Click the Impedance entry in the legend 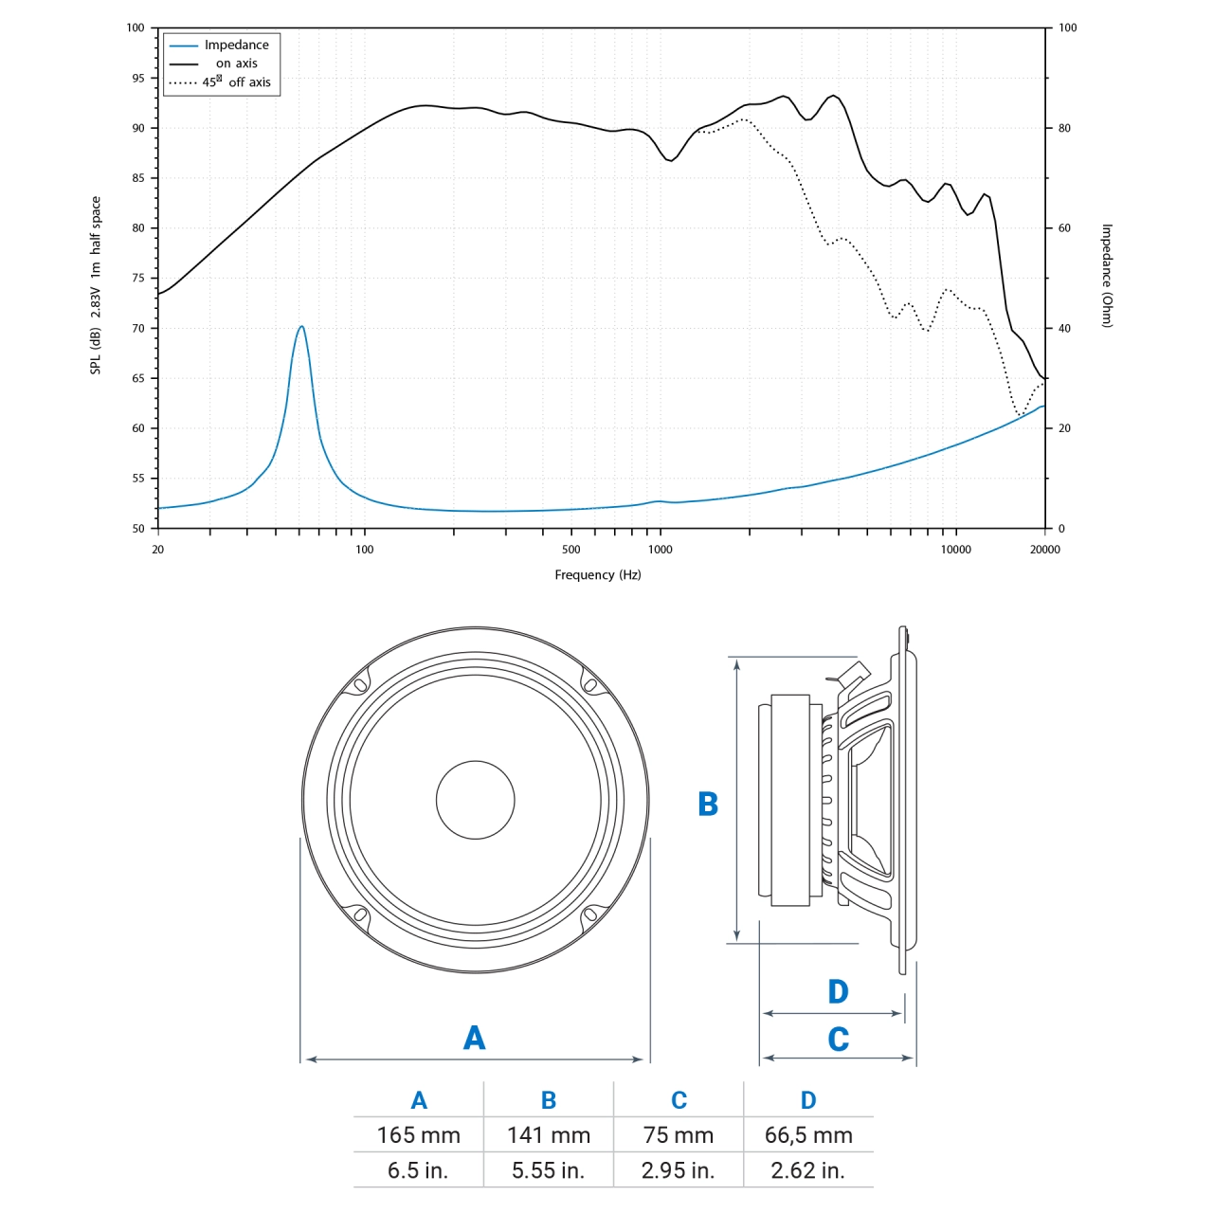pos(236,45)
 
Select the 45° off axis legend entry pos(236,82)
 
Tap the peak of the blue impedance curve pos(301,327)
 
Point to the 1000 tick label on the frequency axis pos(661,550)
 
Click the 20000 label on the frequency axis pos(1045,550)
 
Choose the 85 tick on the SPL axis pos(139,178)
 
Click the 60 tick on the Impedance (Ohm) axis pos(1064,228)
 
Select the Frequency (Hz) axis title pos(598,575)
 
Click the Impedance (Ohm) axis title pos(1107,276)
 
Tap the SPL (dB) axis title pos(96,284)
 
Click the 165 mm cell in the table pos(418,1135)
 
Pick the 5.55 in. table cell pos(548,1170)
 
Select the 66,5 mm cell pos(808,1135)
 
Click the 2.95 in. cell pos(678,1170)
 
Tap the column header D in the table pos(808,1100)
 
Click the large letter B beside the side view pos(708,805)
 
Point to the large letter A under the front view pos(474,1038)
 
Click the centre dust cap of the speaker pos(475,800)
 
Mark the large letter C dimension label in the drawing pos(838,1040)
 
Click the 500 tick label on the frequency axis pos(571,550)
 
